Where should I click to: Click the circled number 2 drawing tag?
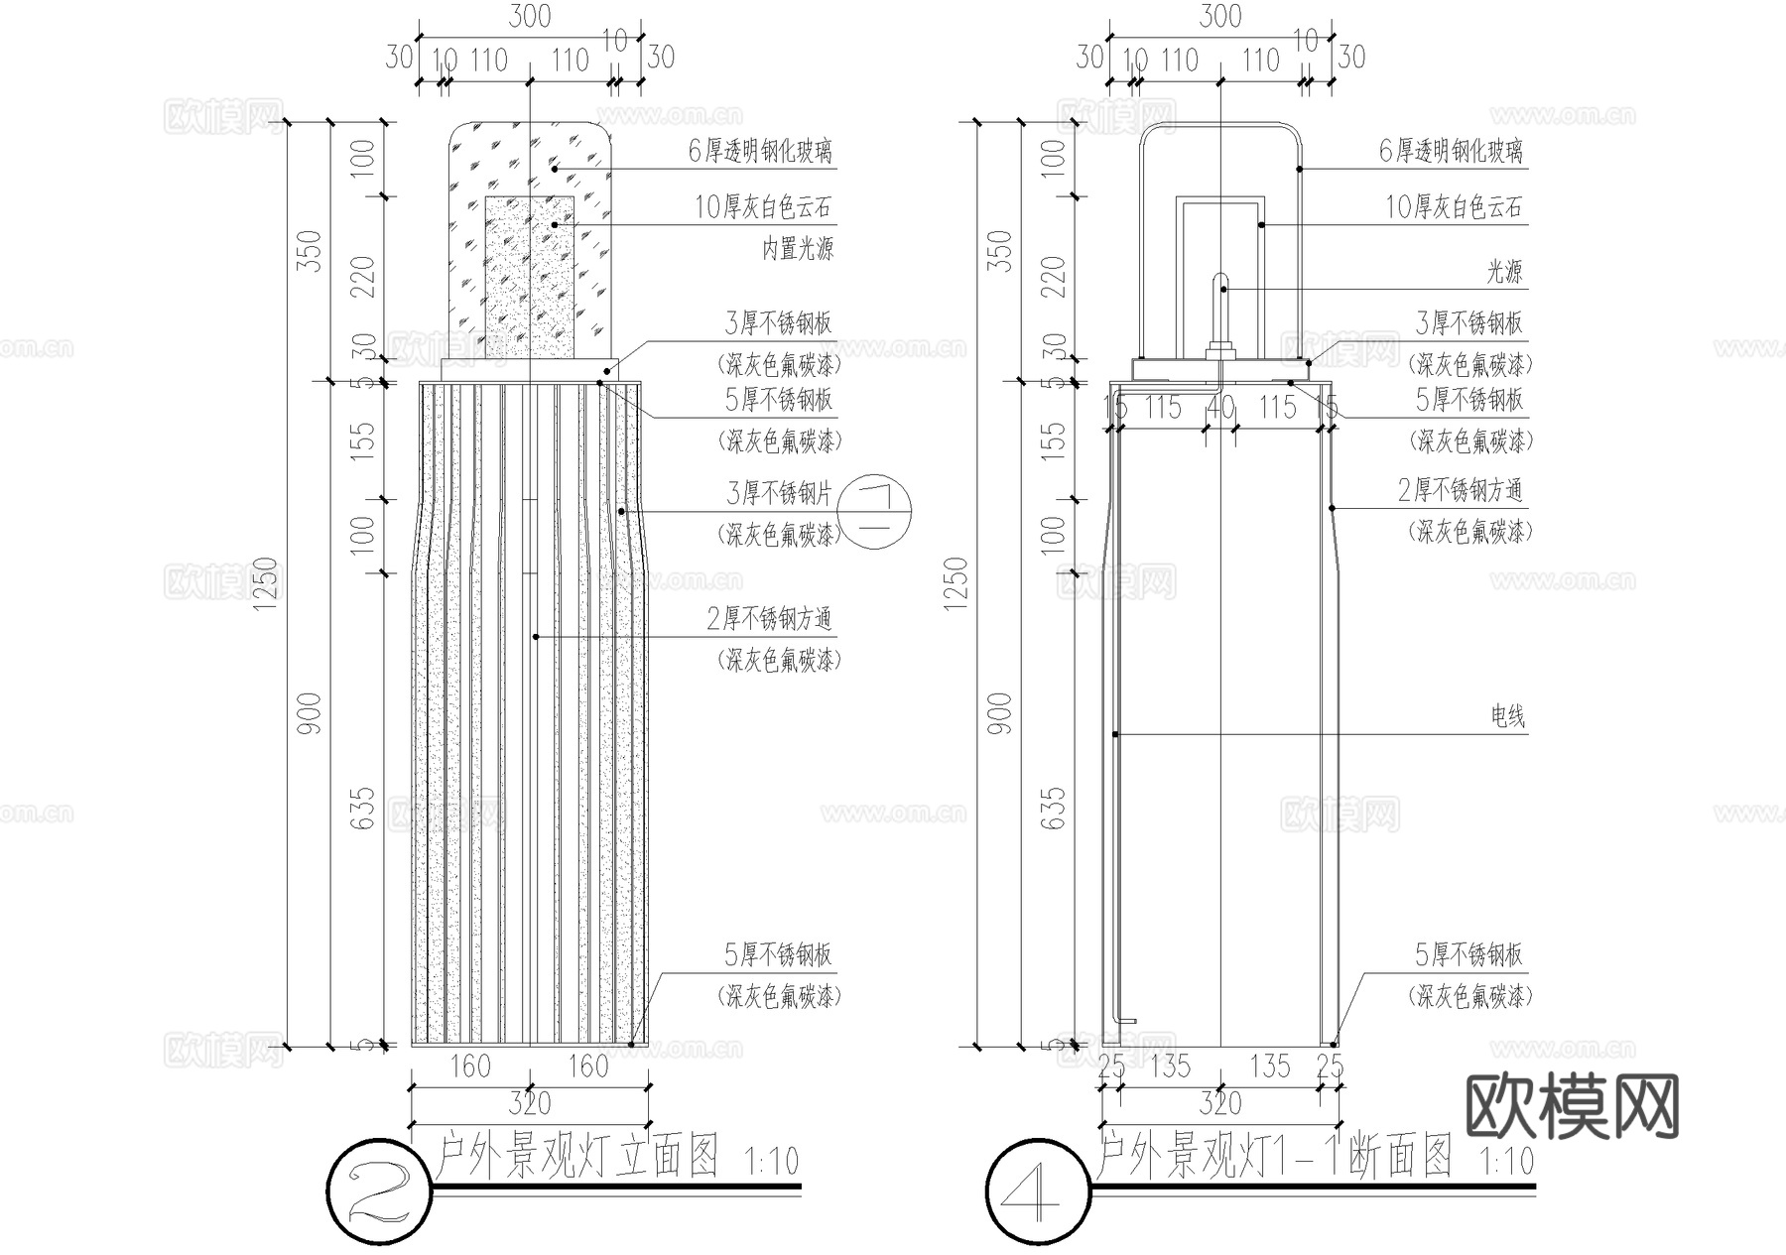coord(380,1187)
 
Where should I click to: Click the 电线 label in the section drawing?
coord(1507,715)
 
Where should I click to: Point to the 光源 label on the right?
coord(1504,271)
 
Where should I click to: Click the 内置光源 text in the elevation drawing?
coord(797,248)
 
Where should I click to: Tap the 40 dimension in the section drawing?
coord(1219,408)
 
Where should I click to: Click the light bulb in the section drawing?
coord(1220,308)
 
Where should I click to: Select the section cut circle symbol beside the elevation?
coord(875,512)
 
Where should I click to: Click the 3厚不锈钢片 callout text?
coord(778,492)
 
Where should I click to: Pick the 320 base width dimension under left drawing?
coord(530,1102)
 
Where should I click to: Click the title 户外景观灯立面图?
coord(577,1157)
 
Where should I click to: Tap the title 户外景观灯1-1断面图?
coord(1276,1157)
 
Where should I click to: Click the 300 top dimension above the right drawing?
coord(1220,17)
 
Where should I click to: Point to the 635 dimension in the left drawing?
coord(364,809)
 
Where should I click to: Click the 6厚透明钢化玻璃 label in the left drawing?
coord(760,151)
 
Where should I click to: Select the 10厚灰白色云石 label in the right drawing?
coord(1454,207)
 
